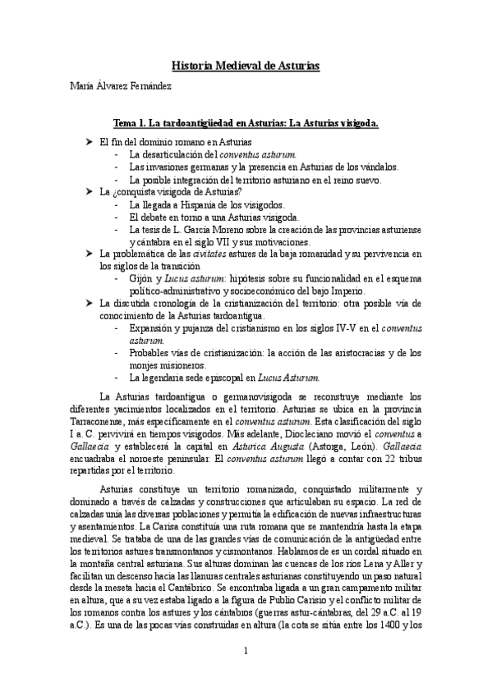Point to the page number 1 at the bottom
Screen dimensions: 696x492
coord(246,675)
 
